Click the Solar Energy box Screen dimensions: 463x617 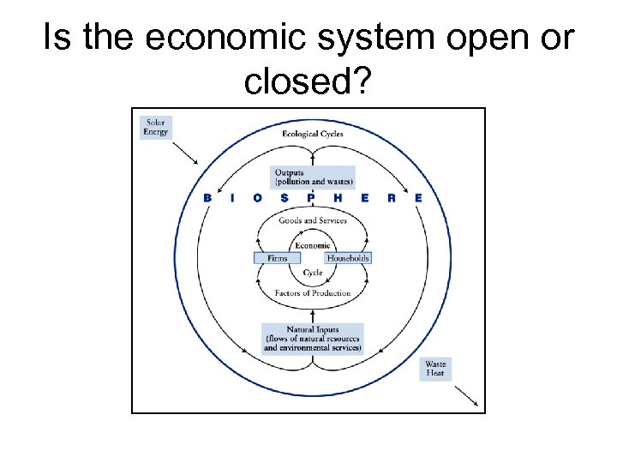[156, 127]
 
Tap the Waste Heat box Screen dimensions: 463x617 [435, 370]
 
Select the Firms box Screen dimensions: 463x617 [278, 257]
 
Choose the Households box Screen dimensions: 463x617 [348, 257]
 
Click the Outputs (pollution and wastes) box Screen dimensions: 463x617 [313, 177]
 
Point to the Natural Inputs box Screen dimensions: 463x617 [313, 339]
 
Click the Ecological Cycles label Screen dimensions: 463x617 [313, 134]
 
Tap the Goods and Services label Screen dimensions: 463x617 [313, 220]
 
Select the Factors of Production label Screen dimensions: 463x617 [313, 293]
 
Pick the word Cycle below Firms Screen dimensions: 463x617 [312, 273]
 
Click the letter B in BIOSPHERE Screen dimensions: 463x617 [207, 198]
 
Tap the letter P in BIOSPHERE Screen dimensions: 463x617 [311, 198]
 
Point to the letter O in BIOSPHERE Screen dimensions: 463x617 [258, 198]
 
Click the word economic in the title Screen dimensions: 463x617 [200, 39]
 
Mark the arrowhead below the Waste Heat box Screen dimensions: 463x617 [475, 403]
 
